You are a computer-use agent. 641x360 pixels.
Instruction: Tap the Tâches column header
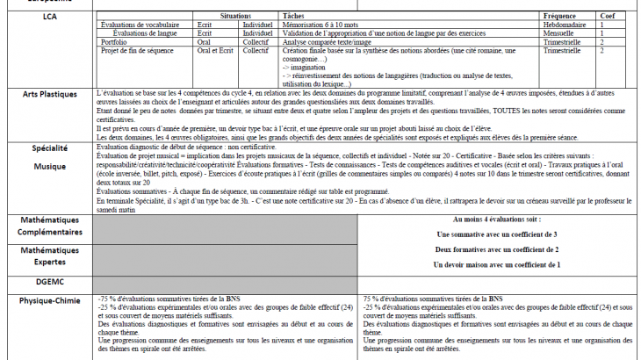(293, 17)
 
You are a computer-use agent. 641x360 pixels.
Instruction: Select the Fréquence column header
(560, 17)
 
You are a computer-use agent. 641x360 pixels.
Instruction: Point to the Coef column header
(607, 17)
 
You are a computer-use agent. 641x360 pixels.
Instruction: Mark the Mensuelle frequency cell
(563, 32)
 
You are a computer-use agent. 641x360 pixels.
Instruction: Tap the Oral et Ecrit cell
(216, 50)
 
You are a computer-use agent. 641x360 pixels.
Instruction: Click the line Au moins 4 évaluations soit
(496, 220)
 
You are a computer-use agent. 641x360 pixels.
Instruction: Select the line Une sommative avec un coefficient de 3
(496, 234)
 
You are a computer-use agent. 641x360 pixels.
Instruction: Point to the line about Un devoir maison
(496, 264)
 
